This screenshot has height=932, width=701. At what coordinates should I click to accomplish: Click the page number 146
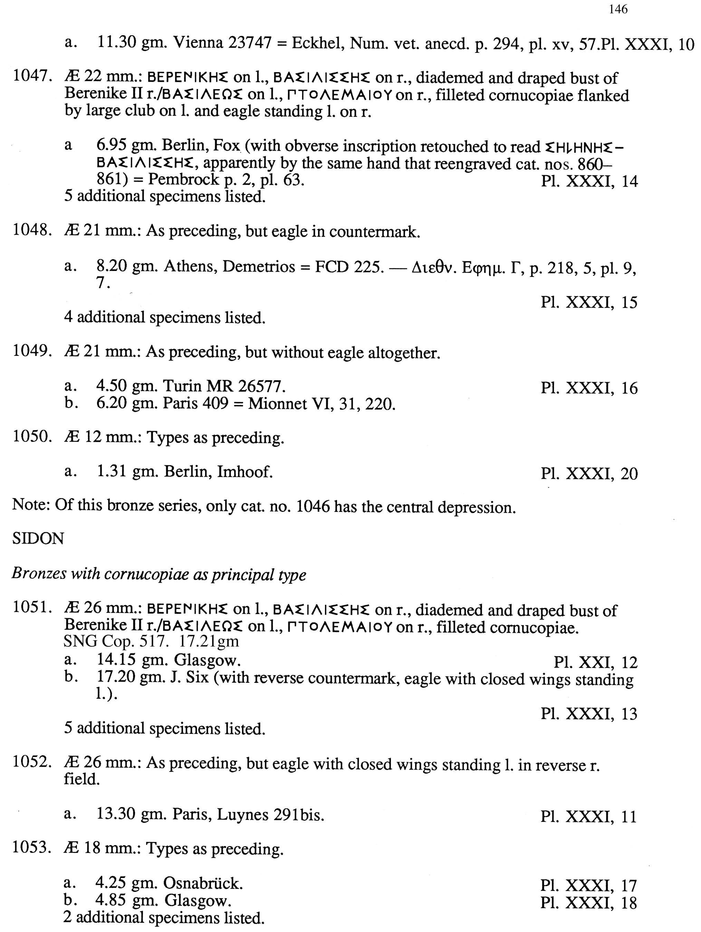pos(618,9)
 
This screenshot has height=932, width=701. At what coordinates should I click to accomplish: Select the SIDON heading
pos(38,539)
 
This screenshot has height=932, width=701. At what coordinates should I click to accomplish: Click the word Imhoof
pos(244,472)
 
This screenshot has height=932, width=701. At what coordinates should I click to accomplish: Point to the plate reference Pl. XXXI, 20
pos(589,474)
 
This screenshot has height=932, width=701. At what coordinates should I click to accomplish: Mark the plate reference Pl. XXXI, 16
pos(589,388)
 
